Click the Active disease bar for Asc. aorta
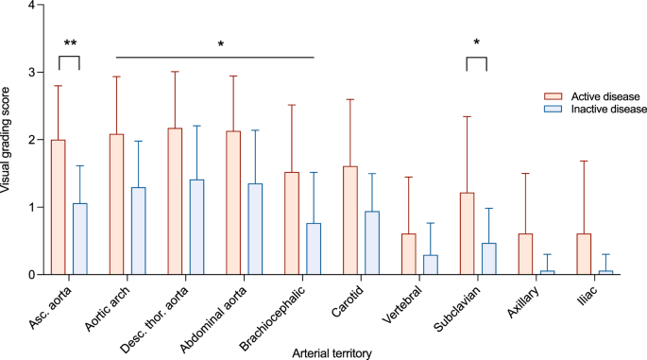click(59, 208)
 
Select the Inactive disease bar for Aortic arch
click(139, 231)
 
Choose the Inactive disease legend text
click(607, 110)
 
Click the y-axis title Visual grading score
click(8, 140)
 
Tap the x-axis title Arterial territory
click(334, 352)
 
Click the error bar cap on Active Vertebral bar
click(408, 178)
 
